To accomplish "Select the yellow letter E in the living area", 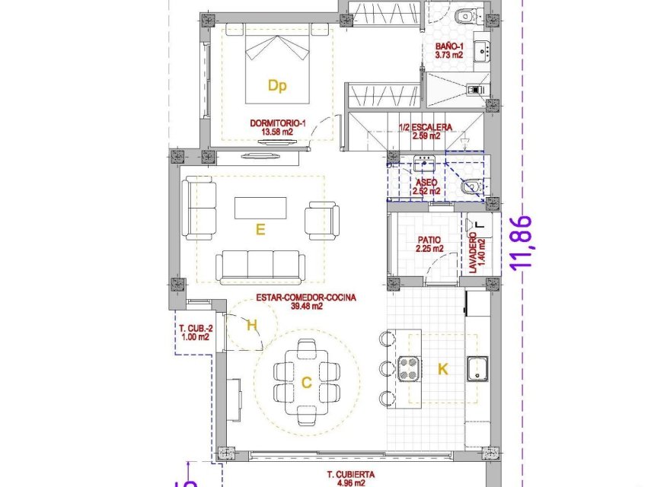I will point(260,228).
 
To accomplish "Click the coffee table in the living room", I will point(260,208).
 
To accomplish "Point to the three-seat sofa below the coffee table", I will point(260,267).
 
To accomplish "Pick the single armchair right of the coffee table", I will point(320,219).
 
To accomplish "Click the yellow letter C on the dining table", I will point(306,384).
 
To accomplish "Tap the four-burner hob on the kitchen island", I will point(410,368).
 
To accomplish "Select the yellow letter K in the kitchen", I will point(443,369).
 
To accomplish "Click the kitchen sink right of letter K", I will point(477,368).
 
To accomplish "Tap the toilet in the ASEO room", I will point(472,185).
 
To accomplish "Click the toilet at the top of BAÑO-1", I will point(466,15).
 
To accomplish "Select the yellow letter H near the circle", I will point(252,326).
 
